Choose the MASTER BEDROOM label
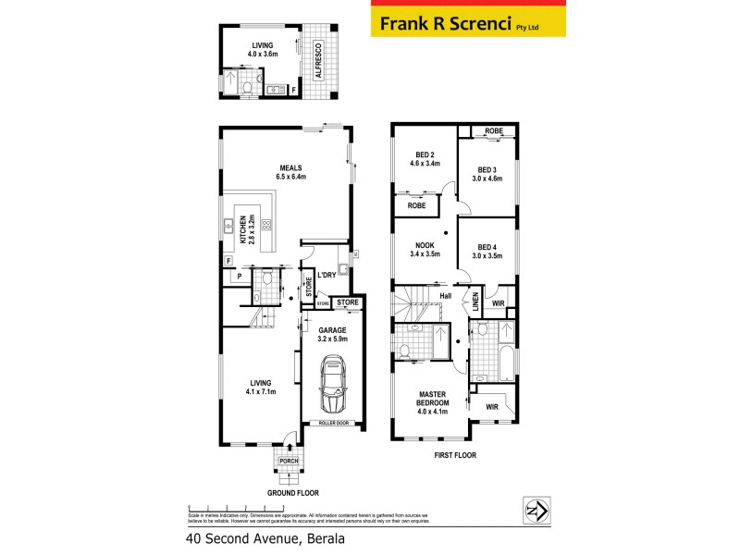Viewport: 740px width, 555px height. point(433,400)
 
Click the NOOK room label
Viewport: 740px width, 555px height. point(424,245)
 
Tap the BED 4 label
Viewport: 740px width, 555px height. point(487,245)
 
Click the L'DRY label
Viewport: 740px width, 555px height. point(326,275)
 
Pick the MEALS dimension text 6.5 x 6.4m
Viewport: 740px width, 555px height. point(290,176)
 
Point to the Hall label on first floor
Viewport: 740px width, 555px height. point(445,295)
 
